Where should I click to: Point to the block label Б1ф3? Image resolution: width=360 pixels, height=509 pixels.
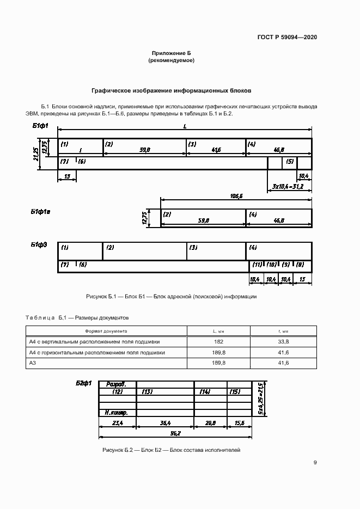point(39,245)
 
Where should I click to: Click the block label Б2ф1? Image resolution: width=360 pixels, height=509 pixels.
point(83,384)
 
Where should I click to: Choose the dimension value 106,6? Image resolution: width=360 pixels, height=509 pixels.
point(236,195)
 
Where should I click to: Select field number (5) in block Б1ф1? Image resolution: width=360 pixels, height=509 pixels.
point(289,162)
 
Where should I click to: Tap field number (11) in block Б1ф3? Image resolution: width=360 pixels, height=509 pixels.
point(256,265)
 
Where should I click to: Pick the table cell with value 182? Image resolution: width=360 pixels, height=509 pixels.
point(218,342)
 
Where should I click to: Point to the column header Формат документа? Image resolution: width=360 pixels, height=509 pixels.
point(106,331)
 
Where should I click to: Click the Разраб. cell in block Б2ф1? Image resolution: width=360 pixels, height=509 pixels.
point(117,384)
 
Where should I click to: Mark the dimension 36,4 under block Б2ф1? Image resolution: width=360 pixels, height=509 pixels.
point(166,422)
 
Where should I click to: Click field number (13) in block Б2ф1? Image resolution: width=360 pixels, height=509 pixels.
point(147,391)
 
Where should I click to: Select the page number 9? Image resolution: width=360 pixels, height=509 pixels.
point(315,463)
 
